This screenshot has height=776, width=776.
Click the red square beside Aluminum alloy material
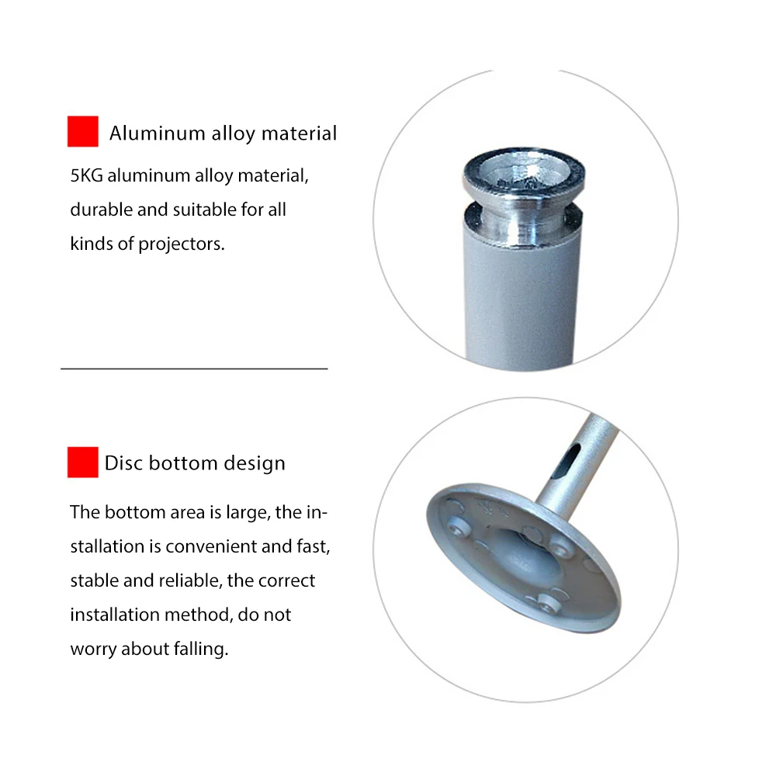point(82,131)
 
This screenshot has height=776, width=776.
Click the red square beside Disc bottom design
point(82,462)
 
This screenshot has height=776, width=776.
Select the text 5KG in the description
point(86,175)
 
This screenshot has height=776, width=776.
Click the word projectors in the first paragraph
point(181,244)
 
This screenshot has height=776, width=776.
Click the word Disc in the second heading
point(124,463)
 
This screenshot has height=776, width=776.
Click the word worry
point(93,649)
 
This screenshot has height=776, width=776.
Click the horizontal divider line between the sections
point(194,369)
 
